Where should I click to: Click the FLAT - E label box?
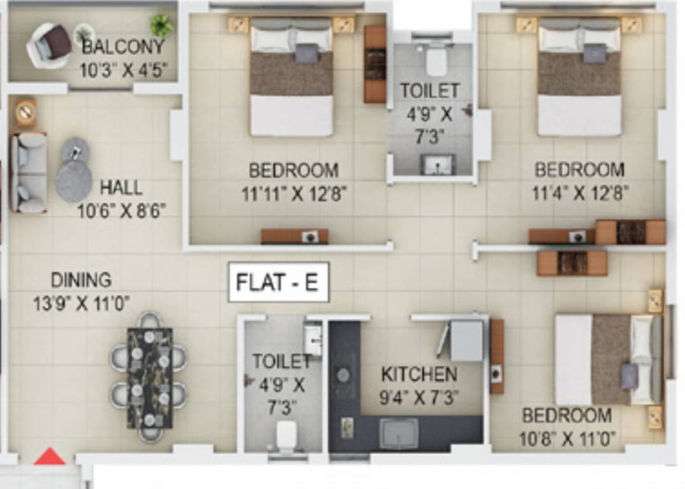pos(278,282)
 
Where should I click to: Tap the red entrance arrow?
pos(50,457)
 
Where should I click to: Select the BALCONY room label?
pos(122,46)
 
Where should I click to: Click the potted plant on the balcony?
pos(161,26)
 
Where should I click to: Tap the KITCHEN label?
pos(419,374)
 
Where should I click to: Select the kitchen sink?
pos(399,433)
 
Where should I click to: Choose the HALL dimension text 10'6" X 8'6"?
pos(122,210)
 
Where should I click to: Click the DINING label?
pos(81,280)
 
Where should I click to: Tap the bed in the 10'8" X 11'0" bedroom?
pos(605,360)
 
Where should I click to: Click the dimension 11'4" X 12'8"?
pos(580,192)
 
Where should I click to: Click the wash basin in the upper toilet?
pos(438,165)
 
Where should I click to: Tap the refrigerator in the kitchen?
pos(466,341)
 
